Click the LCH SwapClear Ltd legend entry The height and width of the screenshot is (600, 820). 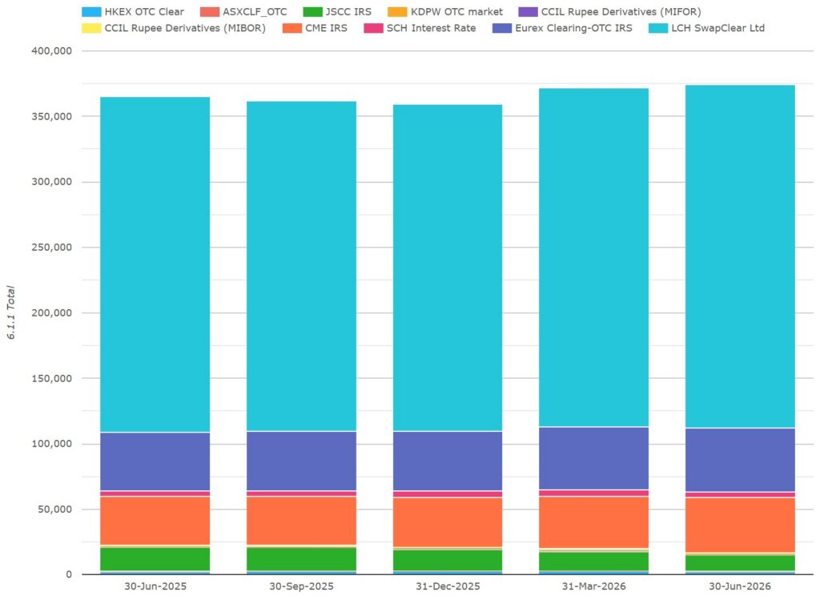[x=706, y=28]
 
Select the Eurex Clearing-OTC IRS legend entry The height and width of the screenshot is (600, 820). [x=562, y=28]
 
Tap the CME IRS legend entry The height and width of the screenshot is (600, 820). [x=315, y=28]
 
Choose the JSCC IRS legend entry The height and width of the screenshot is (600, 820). [x=337, y=11]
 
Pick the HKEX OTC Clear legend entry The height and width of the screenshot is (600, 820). [x=134, y=11]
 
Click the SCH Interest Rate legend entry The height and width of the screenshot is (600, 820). [x=420, y=28]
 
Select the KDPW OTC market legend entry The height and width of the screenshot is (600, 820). [x=445, y=11]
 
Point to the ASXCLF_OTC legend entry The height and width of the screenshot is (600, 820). [x=243, y=11]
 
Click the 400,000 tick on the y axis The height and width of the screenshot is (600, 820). [x=52, y=51]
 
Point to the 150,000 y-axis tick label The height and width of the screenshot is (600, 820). [x=52, y=379]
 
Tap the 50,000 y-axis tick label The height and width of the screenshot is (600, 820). [x=55, y=509]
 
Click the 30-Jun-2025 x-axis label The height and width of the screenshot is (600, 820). [x=155, y=586]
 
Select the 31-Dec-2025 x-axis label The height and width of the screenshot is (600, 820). [x=448, y=586]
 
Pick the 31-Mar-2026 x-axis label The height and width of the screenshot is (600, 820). [x=593, y=586]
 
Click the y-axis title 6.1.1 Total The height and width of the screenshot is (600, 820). [x=11, y=312]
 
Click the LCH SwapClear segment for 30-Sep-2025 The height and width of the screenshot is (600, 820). [x=301, y=266]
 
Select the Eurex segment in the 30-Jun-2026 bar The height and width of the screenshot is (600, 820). [x=740, y=460]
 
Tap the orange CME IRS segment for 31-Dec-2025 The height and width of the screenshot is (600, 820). [x=448, y=522]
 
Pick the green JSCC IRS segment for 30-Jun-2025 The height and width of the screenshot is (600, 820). [x=155, y=558]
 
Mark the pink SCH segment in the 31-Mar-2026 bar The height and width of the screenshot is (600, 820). [x=593, y=493]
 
